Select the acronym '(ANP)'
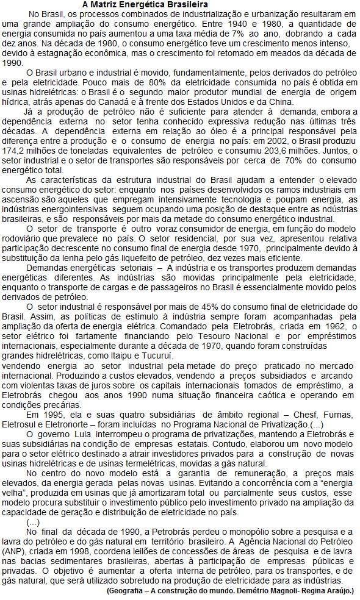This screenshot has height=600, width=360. [13, 552]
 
